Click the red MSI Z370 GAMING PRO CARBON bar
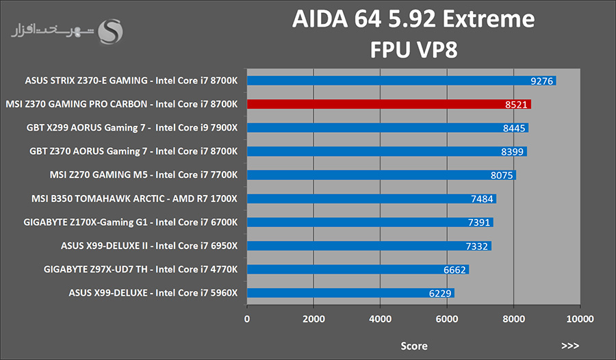tap(389, 104)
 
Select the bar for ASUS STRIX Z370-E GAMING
tap(402, 81)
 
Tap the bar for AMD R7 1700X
tap(372, 198)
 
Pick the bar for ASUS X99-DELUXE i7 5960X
tap(351, 293)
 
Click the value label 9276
tap(542, 81)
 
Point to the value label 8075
tap(502, 175)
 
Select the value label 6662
tap(454, 270)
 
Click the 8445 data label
tap(514, 128)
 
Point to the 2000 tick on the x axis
tap(313, 319)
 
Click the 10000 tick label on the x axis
tap(580, 319)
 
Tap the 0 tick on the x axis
tap(246, 319)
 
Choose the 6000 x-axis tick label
tap(447, 319)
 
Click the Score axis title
tap(413, 346)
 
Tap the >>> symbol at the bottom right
tap(570, 346)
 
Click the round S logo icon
tap(110, 32)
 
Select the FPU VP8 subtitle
tap(413, 50)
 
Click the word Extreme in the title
tap(489, 19)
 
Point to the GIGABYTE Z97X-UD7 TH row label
tap(140, 269)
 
